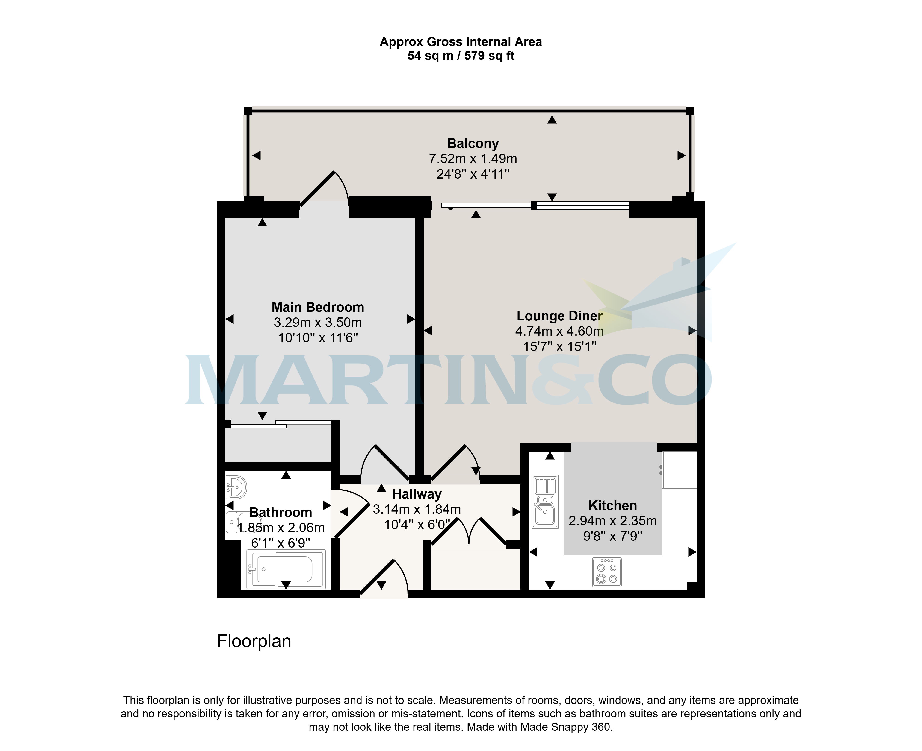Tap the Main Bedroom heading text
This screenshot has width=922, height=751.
coord(318,307)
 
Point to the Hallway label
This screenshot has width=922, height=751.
coord(417,494)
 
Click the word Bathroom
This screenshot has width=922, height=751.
coord(281,513)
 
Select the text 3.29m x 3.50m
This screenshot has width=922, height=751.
coord(318,322)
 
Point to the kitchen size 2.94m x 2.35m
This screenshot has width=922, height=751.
coord(612,521)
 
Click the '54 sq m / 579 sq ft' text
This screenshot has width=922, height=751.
coord(461,56)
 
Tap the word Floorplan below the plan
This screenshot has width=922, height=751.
coord(254,641)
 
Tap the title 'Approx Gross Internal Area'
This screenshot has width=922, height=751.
coord(461,42)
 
